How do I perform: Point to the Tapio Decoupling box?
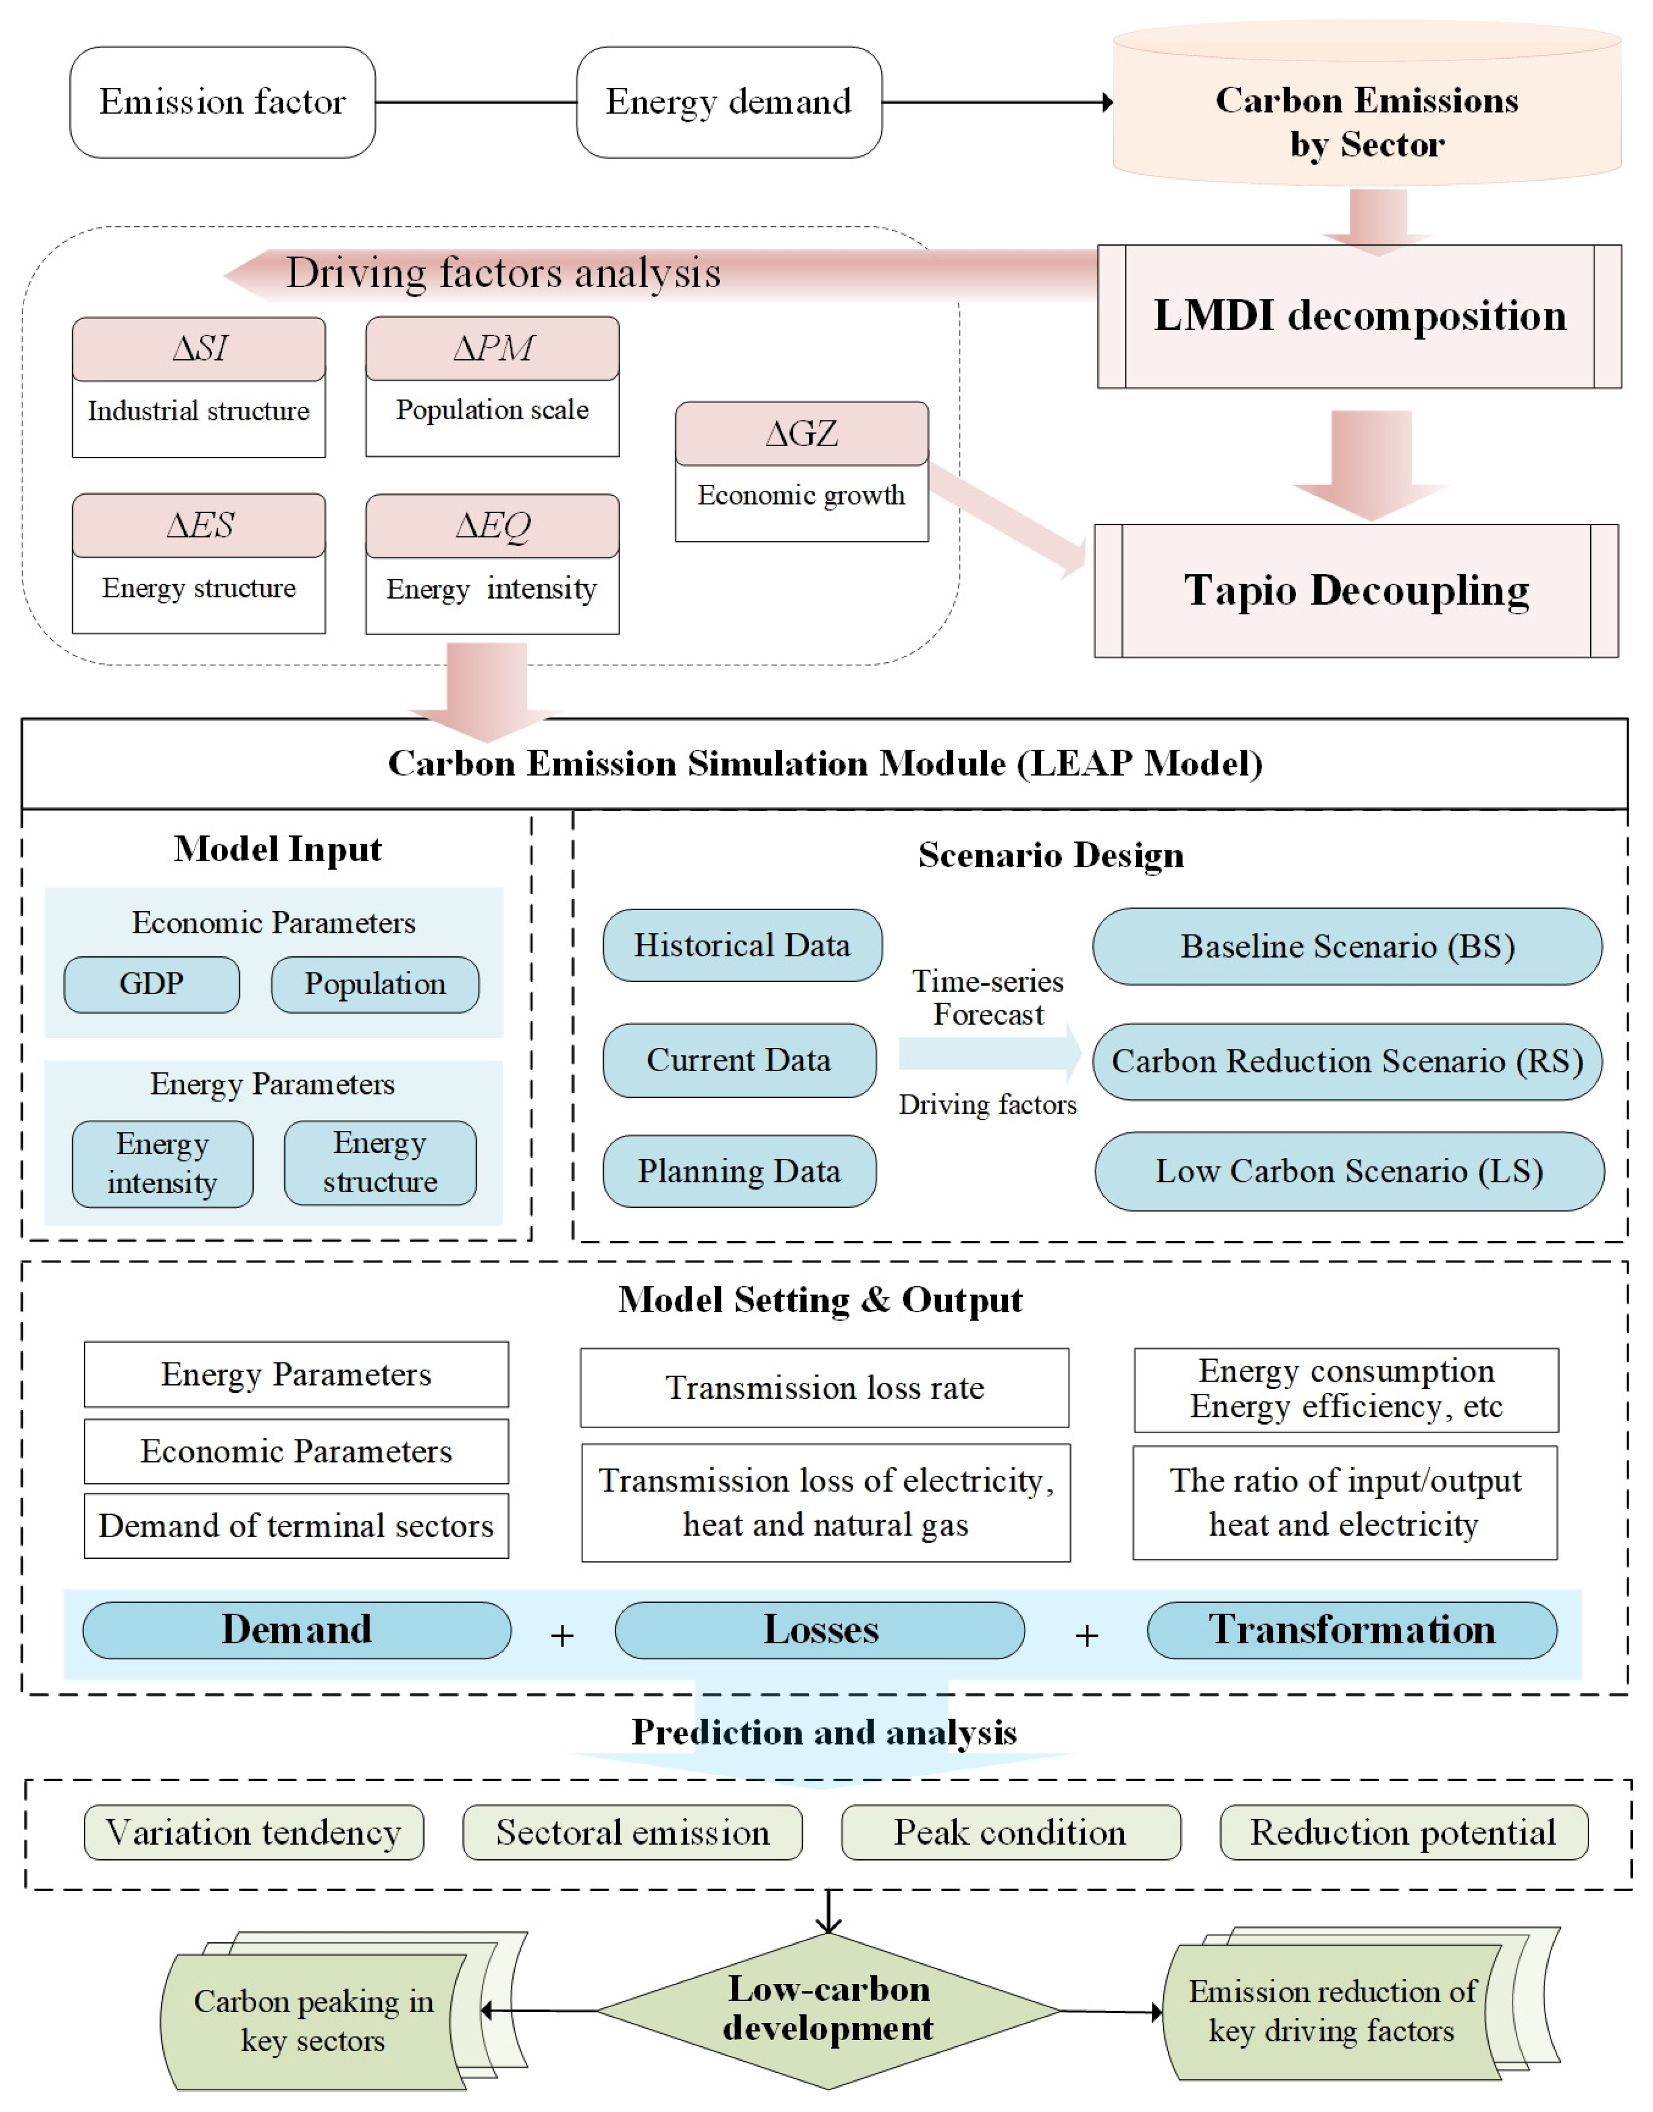(1356, 591)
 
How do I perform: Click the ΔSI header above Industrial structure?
(198, 348)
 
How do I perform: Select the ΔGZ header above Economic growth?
(801, 434)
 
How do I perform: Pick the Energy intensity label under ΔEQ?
(492, 590)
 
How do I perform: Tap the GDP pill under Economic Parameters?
(152, 985)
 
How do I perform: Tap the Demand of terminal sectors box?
(296, 1526)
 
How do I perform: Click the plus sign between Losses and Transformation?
(1087, 1636)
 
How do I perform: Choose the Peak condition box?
(1011, 1832)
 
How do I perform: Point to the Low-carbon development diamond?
(828, 2009)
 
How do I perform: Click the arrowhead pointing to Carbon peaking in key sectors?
(488, 2010)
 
